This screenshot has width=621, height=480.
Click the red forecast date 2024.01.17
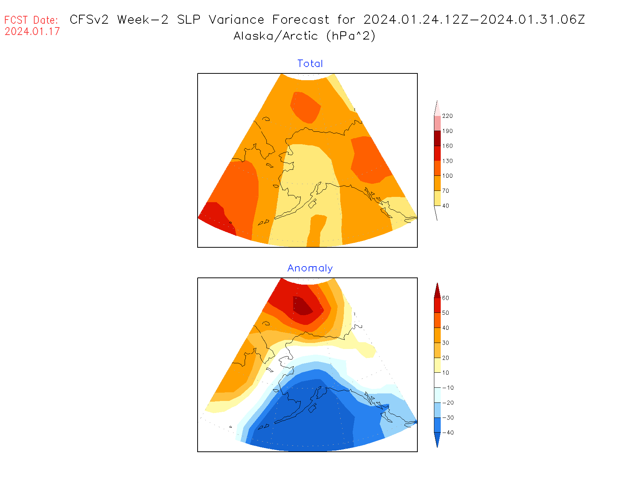click(32, 31)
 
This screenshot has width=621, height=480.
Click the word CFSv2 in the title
click(89, 20)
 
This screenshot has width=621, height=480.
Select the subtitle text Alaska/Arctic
click(275, 36)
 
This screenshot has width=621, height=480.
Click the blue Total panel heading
click(310, 64)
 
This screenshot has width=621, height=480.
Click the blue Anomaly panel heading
click(310, 268)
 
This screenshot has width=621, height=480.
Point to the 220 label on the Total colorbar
click(447, 116)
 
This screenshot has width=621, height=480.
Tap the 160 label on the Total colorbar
click(447, 146)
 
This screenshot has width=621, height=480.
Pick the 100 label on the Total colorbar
click(447, 176)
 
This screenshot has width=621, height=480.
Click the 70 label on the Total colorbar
click(446, 191)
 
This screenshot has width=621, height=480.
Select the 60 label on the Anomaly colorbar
click(446, 298)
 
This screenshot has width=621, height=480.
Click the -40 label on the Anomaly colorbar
click(448, 433)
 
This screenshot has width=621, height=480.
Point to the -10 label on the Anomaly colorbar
click(448, 388)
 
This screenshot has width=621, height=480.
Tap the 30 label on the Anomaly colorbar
click(446, 343)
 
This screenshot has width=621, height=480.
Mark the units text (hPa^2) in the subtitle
click(351, 36)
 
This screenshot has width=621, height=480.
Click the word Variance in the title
click(236, 20)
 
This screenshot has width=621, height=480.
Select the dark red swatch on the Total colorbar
click(437, 138)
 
